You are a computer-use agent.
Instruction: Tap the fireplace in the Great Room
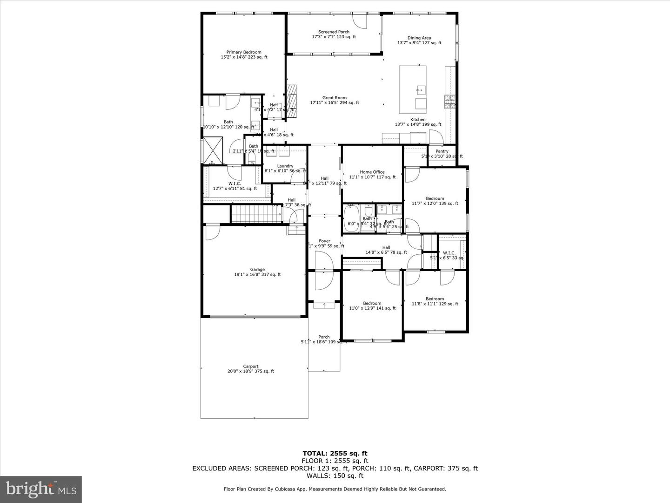point(292,101)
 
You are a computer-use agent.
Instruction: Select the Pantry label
point(442,151)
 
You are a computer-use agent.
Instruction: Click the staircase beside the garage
point(256,214)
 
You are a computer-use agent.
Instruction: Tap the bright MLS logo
point(41,489)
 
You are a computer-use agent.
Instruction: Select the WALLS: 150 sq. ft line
point(335,476)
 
